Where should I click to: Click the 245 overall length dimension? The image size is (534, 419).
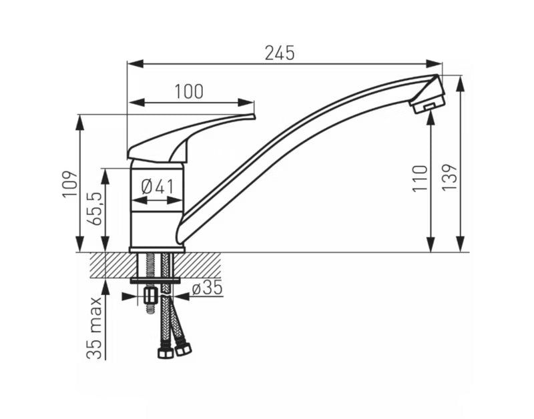[280, 53]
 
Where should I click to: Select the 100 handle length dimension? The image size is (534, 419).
[189, 91]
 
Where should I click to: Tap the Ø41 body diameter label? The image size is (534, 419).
[158, 187]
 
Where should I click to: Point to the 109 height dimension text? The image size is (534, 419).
[70, 183]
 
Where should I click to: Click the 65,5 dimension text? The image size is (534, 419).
[94, 208]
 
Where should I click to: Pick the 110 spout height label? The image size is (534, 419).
[420, 179]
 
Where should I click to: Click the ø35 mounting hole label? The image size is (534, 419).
[207, 288]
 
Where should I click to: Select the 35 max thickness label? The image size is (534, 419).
[94, 328]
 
